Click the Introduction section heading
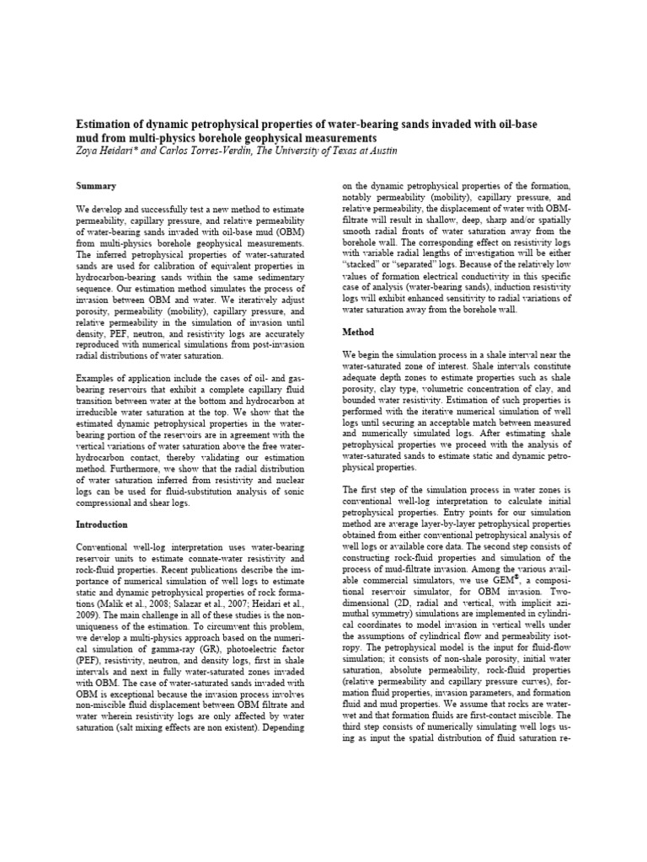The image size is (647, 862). click(x=104, y=524)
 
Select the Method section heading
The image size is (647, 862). click(x=357, y=333)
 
